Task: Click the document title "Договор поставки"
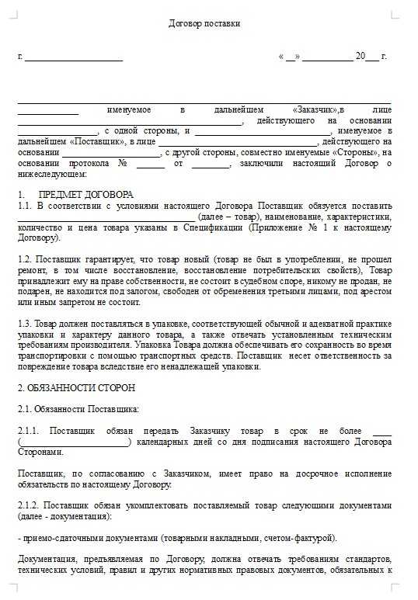[204, 23]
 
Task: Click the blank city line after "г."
[75, 57]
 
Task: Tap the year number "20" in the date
[360, 57]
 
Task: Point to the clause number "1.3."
[25, 323]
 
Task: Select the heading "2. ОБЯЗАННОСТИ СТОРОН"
[76, 387]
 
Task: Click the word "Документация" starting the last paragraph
[45, 558]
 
